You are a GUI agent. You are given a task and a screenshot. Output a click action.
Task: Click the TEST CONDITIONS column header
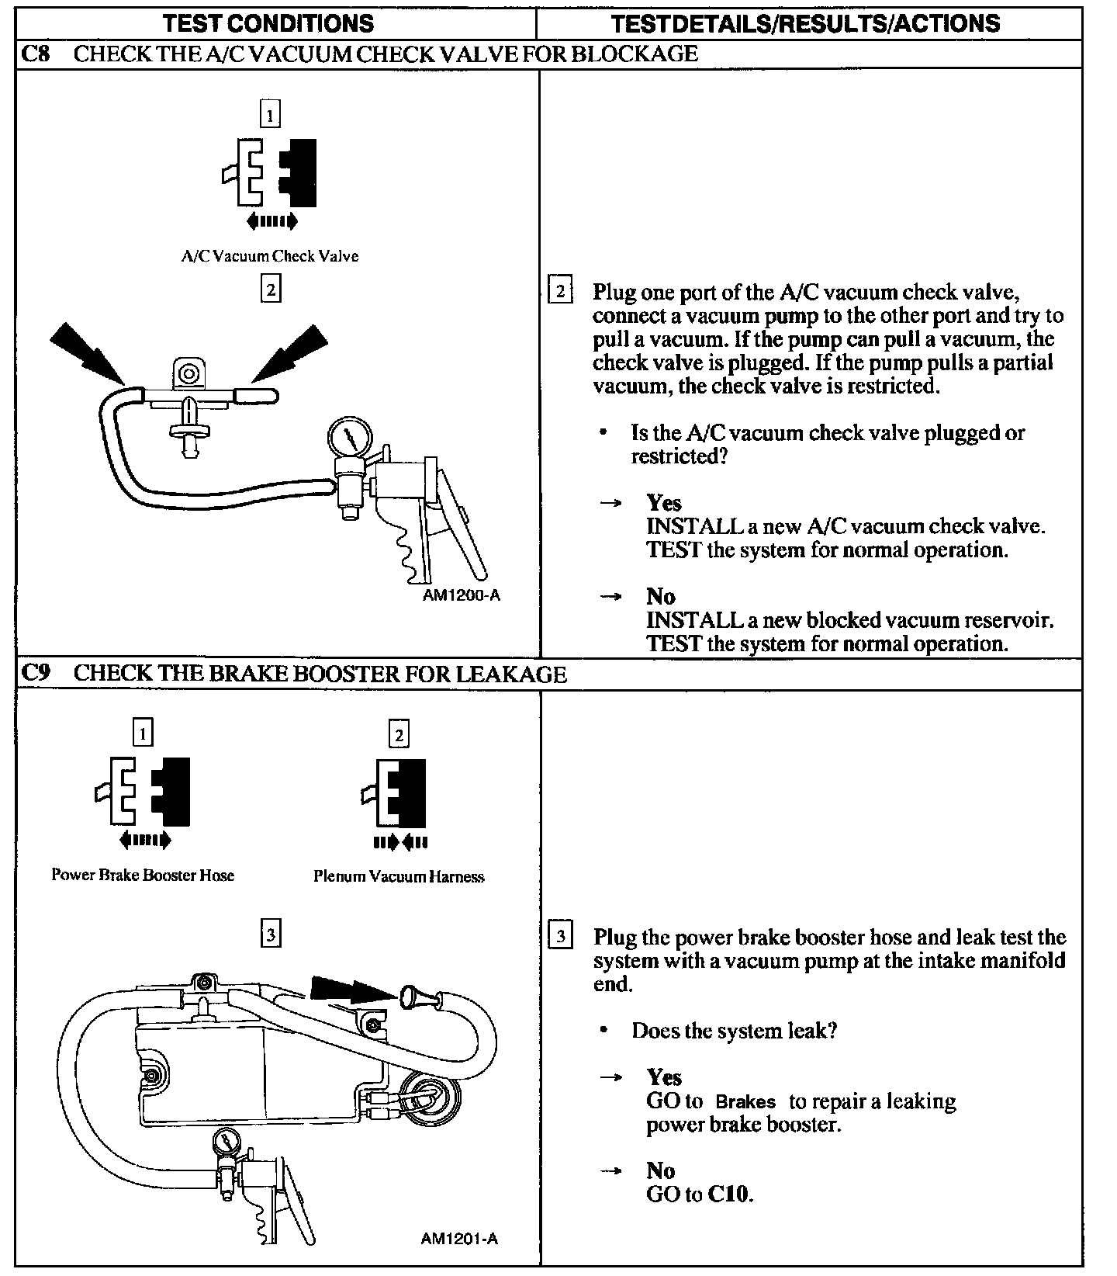tap(269, 23)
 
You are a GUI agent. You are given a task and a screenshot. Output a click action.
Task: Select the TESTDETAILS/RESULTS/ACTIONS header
tap(806, 23)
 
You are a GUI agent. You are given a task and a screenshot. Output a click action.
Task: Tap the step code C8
tap(34, 54)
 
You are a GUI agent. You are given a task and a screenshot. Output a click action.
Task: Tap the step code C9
tap(35, 673)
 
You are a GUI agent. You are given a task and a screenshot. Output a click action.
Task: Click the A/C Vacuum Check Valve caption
tap(270, 256)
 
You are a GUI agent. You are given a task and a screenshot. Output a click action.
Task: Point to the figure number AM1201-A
tap(459, 1238)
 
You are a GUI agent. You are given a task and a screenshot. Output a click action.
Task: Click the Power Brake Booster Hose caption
tap(143, 875)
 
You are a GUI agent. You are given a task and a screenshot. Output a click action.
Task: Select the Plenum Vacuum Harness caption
tap(399, 876)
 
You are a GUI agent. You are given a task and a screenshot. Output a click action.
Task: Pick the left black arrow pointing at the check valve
tap(88, 354)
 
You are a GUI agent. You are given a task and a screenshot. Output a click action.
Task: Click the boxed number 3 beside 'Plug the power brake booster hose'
tap(561, 935)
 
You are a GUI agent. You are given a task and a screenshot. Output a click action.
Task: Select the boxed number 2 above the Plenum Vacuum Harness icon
tap(399, 733)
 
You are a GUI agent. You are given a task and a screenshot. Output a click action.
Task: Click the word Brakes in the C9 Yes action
tap(745, 1101)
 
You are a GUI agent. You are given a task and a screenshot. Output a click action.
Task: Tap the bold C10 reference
tap(729, 1194)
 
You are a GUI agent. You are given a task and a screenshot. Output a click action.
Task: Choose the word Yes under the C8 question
tap(664, 503)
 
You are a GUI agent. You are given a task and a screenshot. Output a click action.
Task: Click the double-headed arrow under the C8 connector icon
tap(271, 222)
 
